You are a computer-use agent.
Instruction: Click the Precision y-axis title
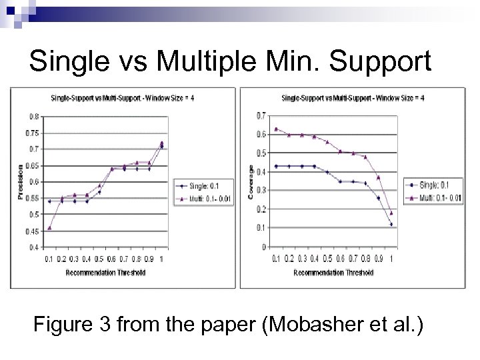[x=20, y=182]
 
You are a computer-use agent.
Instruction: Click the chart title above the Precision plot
[x=123, y=99]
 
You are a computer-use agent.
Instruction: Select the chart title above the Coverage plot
[x=353, y=99]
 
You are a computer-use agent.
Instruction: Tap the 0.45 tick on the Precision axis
[x=33, y=231]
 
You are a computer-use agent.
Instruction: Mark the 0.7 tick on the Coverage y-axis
[x=262, y=115]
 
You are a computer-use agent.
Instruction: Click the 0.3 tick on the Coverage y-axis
[x=262, y=190]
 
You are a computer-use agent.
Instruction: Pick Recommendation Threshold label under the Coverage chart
[x=333, y=273]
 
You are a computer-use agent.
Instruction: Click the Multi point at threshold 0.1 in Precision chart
[x=49, y=228]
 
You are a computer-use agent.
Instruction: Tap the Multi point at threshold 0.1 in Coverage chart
[x=276, y=129]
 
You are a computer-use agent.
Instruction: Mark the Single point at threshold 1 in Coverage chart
[x=391, y=225]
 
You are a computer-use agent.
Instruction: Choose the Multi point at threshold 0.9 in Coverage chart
[x=379, y=177]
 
